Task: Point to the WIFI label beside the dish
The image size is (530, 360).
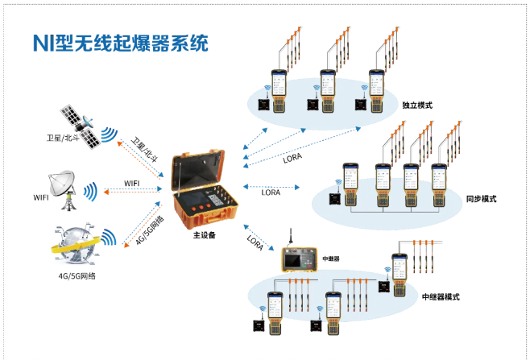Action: (x=41, y=197)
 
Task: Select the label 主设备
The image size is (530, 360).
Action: (x=204, y=236)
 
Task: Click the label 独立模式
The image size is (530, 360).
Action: (x=417, y=106)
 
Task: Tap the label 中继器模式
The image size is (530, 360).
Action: (x=440, y=296)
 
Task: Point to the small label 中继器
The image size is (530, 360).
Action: (x=331, y=259)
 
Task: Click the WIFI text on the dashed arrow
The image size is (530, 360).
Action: (x=131, y=184)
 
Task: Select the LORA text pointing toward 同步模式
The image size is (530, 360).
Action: (x=271, y=193)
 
